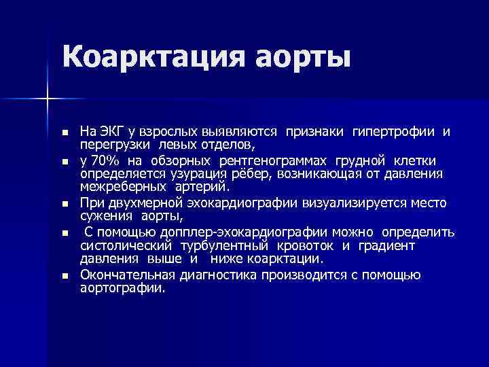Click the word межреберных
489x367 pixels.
coord(119,186)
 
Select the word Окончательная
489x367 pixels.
coord(127,275)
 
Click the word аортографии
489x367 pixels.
coord(122,288)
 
